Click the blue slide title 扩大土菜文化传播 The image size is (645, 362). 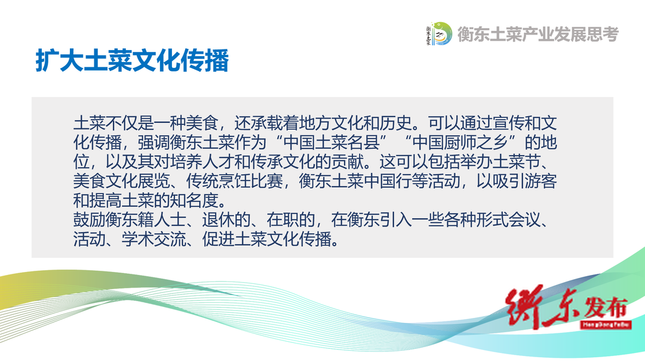tap(132, 61)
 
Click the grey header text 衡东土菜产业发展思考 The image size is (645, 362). tap(538, 34)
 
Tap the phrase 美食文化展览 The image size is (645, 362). tap(122, 181)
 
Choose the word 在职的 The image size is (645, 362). tap(291, 220)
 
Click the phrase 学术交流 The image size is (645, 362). tap(154, 239)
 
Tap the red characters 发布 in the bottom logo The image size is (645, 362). tap(606, 307)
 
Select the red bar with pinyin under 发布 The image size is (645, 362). tap(606, 324)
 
